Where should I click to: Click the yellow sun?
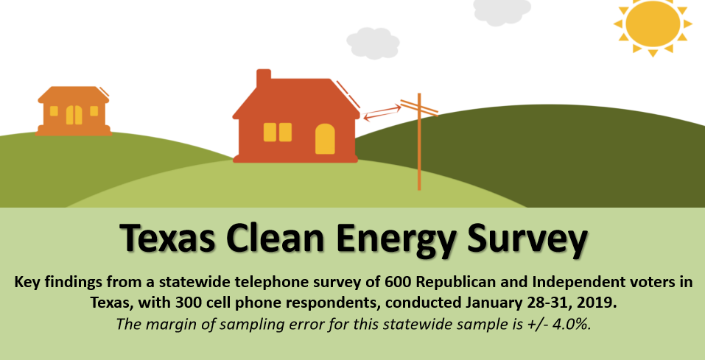pos(653,26)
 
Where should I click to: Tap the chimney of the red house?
pos(264,79)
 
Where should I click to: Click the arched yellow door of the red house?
pos(325,139)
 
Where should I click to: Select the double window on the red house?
pos(278,132)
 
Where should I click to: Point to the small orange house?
pos(74,110)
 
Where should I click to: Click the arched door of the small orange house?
pos(74,115)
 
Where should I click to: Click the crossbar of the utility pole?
pos(419,107)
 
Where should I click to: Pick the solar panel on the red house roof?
pos(348,94)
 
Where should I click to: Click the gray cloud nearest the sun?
pos(502,11)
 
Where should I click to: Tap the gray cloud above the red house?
pos(373,43)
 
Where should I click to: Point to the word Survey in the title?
pos(527,239)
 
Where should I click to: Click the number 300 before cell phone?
pos(152,303)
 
